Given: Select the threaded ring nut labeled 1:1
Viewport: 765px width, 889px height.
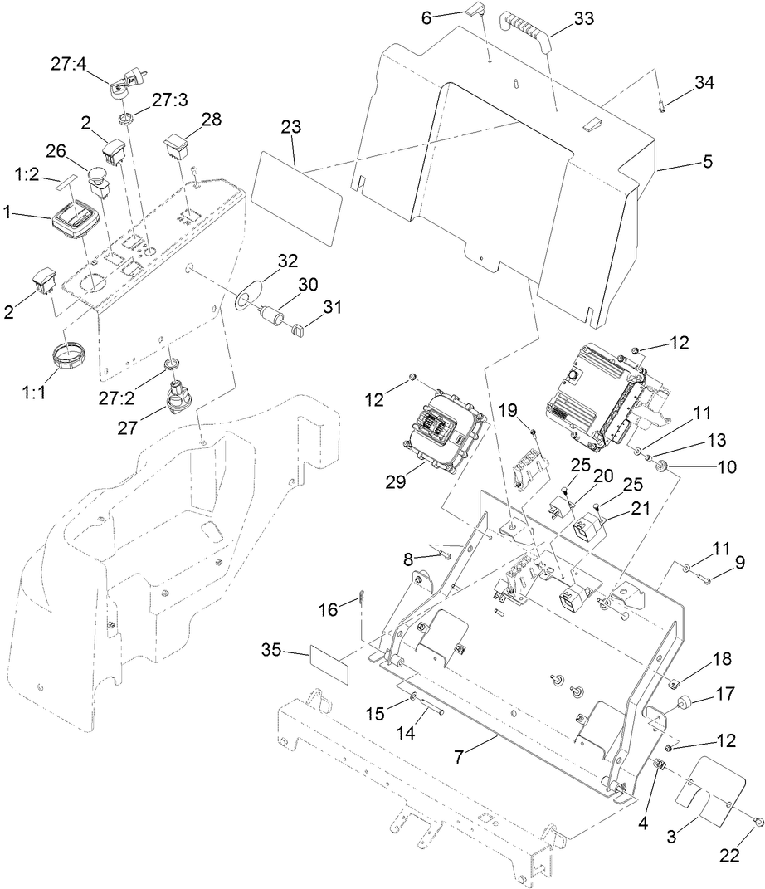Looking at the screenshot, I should (71, 360).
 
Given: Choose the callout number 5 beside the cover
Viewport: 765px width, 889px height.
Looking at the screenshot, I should (707, 162).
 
